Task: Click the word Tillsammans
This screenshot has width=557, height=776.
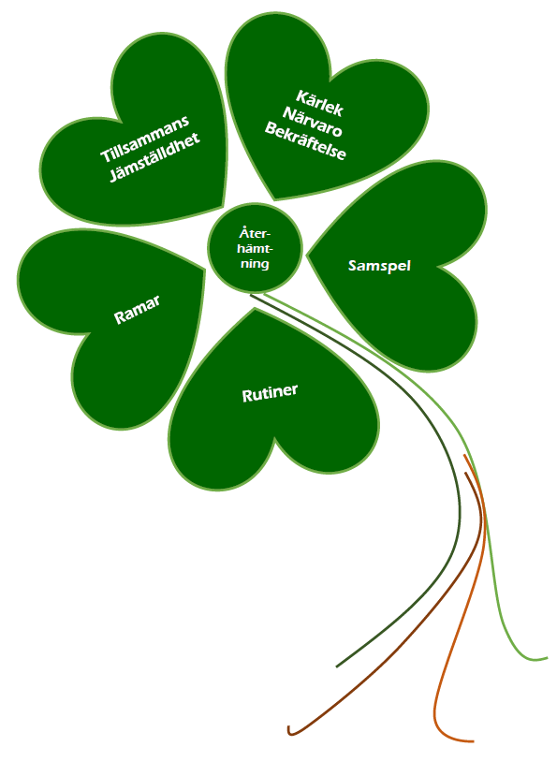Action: tap(144, 139)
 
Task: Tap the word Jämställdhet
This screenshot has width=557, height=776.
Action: tap(154, 157)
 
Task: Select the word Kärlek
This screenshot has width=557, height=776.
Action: tap(319, 103)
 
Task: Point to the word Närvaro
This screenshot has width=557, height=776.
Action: tap(313, 122)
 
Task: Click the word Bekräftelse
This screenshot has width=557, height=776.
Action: tap(305, 141)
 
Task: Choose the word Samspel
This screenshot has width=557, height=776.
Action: tap(379, 266)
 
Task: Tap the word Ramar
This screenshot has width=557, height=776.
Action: tap(138, 310)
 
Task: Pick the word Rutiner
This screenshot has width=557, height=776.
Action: tap(270, 393)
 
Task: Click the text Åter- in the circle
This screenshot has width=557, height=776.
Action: tap(255, 232)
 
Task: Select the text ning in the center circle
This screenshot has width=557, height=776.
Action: tap(255, 264)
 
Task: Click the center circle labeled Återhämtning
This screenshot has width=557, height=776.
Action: tap(255, 247)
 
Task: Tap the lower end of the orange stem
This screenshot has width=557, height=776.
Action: tap(474, 740)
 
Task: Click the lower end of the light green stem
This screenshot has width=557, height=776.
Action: tap(547, 658)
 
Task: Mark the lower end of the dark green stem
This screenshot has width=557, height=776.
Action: tap(337, 666)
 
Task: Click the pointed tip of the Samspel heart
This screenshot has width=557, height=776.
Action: tap(307, 256)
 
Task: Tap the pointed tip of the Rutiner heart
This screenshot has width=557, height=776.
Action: tap(255, 309)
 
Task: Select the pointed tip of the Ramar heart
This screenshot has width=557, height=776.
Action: tap(204, 270)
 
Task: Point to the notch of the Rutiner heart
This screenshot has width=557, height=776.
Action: tap(274, 438)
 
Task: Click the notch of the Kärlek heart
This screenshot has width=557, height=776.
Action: tap(330, 81)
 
